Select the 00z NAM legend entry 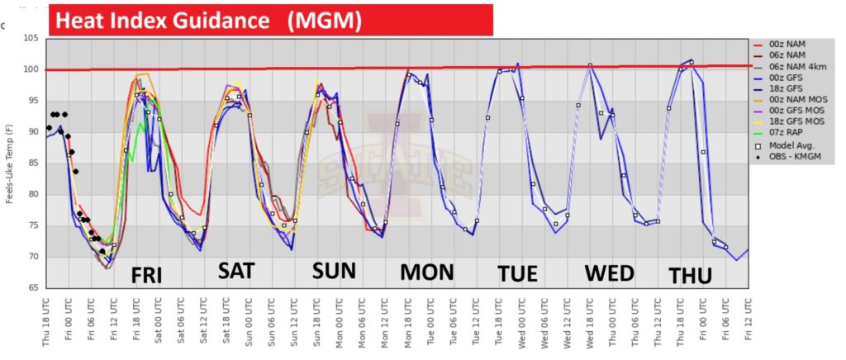(x=786, y=44)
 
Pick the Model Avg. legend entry (x=789, y=147)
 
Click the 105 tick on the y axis (x=32, y=39)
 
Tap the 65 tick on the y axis (x=35, y=288)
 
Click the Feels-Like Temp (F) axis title (x=9, y=163)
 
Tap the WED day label (x=610, y=273)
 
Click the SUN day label (x=333, y=271)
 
